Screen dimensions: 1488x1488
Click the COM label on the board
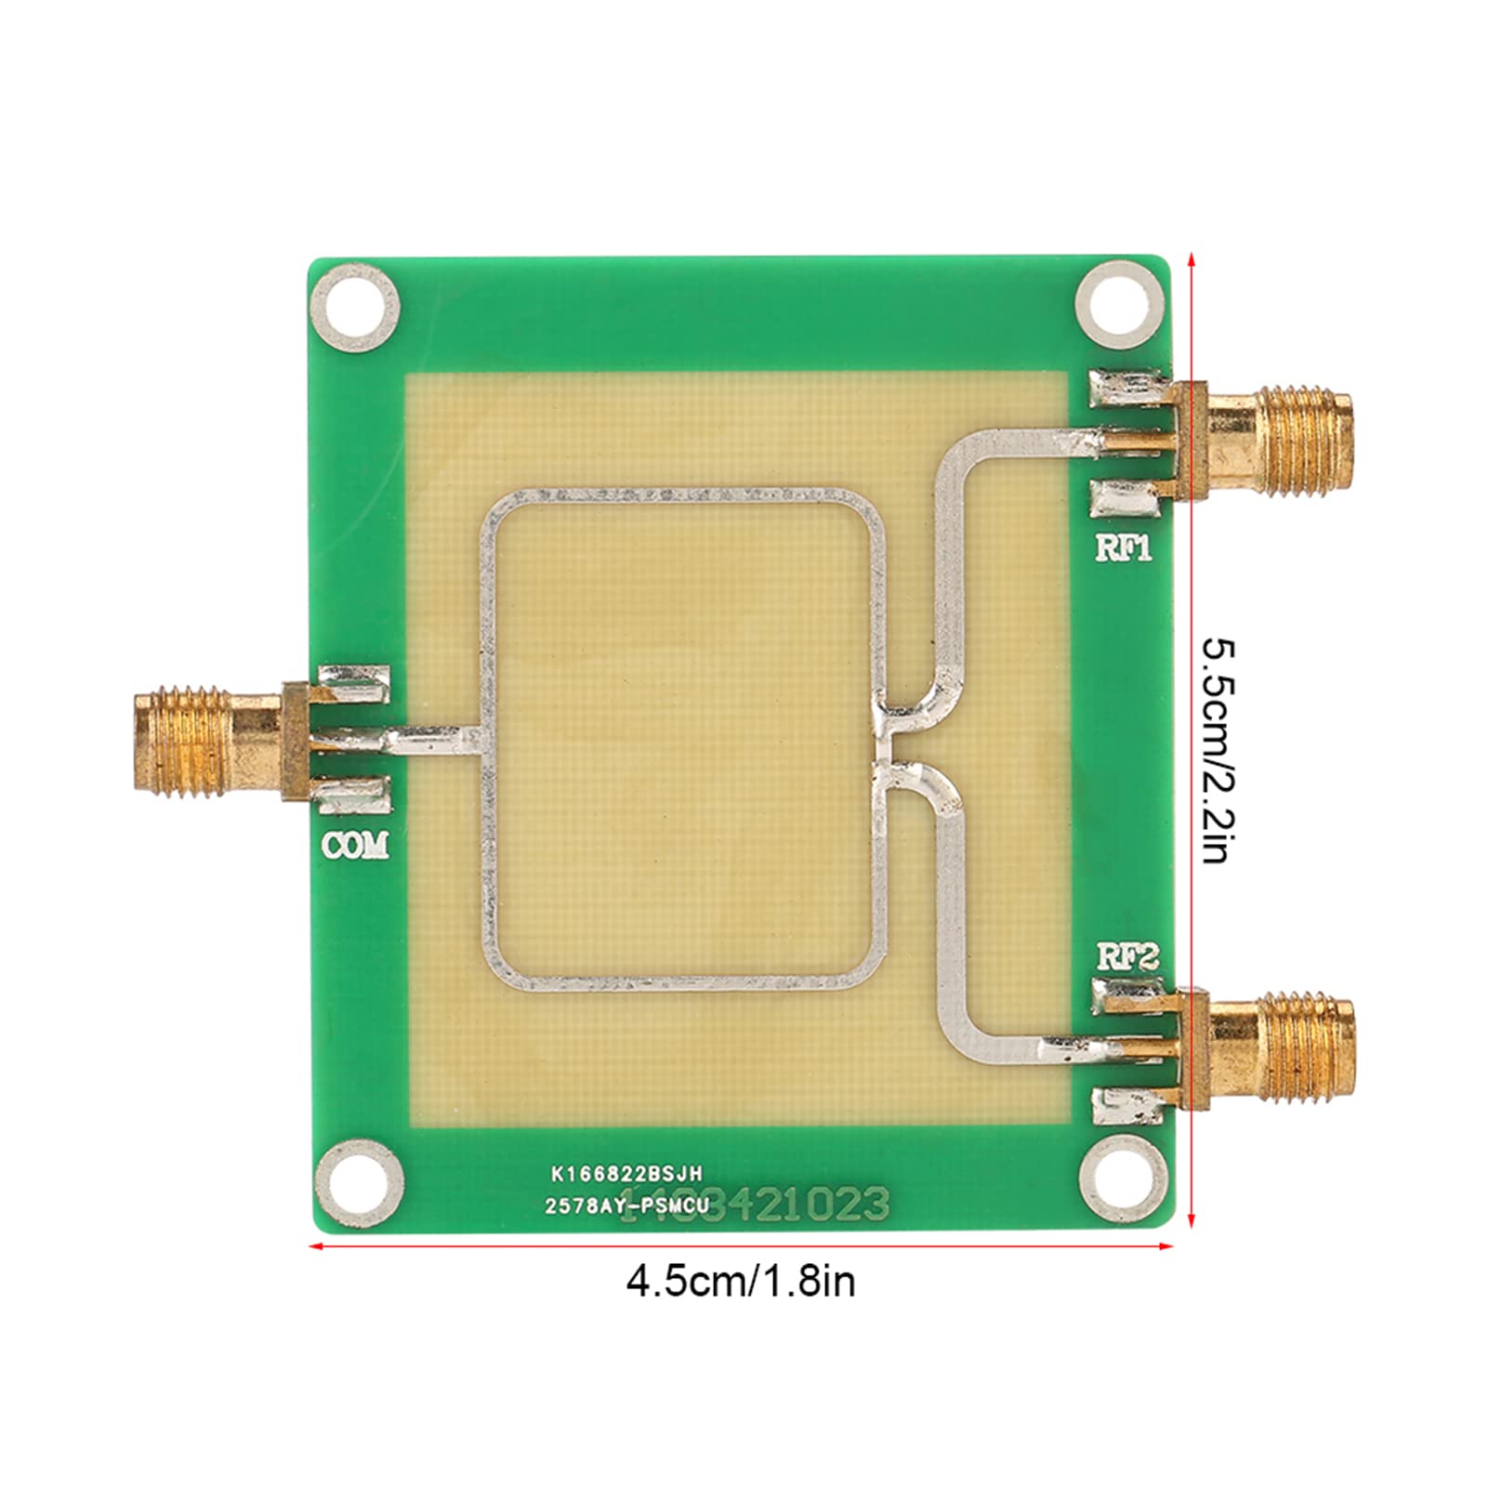coord(355,846)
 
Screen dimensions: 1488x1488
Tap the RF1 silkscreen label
coord(1124,548)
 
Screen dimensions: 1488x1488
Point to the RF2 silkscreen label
coord(1127,957)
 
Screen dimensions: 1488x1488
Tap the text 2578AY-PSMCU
coord(627,1207)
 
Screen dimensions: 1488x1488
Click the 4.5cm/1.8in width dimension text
coord(741,1283)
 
